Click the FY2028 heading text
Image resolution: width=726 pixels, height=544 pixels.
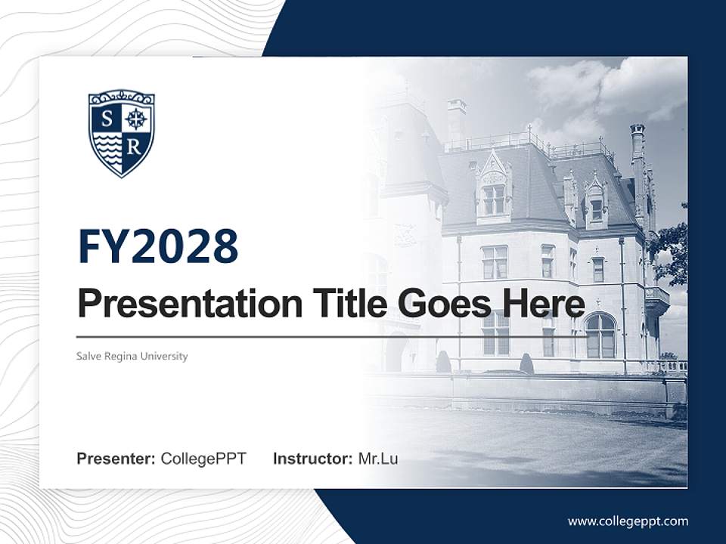coord(158,246)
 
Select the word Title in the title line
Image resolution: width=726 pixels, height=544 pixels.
coord(347,304)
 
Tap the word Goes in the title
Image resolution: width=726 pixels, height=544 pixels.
coord(442,304)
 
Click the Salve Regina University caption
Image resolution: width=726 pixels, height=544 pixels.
coord(132,356)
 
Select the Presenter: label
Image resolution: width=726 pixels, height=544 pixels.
coord(116,459)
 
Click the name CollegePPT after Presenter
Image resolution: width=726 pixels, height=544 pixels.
coord(203,459)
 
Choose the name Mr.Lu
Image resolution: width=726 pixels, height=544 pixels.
coord(378,459)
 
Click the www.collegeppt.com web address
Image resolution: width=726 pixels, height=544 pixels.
coord(628,521)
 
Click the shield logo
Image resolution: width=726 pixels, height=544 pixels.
coord(121,133)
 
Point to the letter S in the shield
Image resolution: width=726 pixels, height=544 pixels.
coord(107,119)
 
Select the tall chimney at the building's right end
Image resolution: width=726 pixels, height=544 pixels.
coord(638,162)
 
